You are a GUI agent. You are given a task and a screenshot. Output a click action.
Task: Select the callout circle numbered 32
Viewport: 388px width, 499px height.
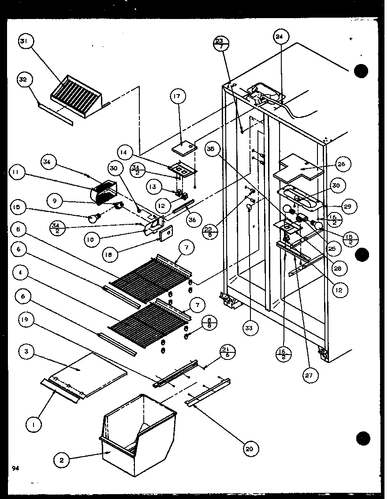click(x=23, y=80)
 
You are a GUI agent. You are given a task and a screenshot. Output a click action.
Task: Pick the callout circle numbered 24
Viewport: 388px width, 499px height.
click(x=279, y=37)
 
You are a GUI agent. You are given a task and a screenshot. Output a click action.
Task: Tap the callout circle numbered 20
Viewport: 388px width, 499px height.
click(x=250, y=449)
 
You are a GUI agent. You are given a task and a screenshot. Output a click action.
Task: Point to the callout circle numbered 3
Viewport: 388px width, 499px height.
click(x=26, y=352)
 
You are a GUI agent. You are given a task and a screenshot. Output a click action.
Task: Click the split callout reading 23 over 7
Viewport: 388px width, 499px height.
click(x=219, y=44)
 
